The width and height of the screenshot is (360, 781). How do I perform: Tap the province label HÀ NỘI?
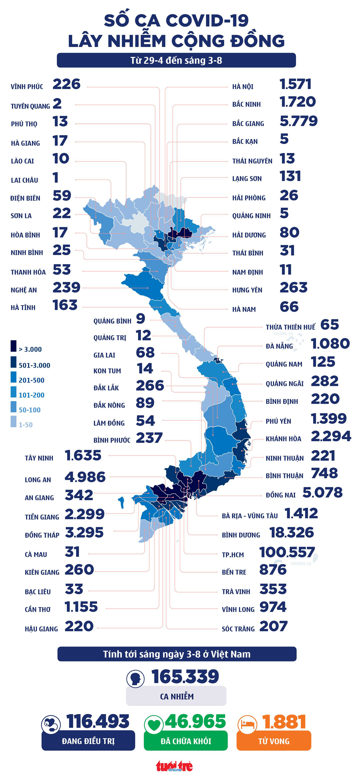click(x=243, y=87)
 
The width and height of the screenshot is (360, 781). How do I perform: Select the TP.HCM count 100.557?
click(x=287, y=552)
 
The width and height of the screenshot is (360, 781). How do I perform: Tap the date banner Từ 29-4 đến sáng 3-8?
click(x=176, y=60)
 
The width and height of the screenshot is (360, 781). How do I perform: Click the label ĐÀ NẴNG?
click(x=279, y=346)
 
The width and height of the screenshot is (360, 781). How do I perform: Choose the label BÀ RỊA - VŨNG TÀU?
click(x=250, y=516)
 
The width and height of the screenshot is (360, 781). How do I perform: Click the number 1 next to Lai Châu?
click(x=55, y=178)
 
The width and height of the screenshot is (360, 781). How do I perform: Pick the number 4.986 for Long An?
click(x=85, y=477)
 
